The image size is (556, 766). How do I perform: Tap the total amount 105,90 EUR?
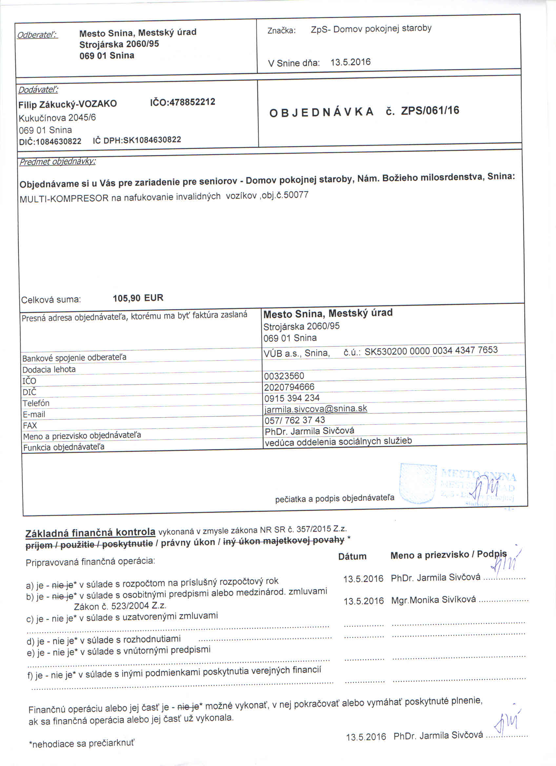(x=138, y=298)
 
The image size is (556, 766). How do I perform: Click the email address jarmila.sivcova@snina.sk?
(x=315, y=409)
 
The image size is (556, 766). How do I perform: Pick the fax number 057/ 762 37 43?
(x=294, y=420)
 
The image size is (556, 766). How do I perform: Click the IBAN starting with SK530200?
(x=431, y=350)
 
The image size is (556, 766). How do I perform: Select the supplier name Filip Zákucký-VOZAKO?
(x=68, y=104)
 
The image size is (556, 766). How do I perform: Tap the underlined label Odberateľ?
(x=37, y=35)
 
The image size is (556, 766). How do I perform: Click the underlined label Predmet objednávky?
(x=57, y=162)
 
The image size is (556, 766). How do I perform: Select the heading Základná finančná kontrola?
(x=90, y=533)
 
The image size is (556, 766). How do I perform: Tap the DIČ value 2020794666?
(x=289, y=387)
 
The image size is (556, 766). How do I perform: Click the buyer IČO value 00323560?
(x=284, y=376)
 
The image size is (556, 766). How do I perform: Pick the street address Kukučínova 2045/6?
(x=57, y=117)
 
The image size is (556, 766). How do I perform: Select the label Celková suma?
(x=51, y=300)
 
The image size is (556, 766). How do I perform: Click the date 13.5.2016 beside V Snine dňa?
(x=350, y=62)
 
